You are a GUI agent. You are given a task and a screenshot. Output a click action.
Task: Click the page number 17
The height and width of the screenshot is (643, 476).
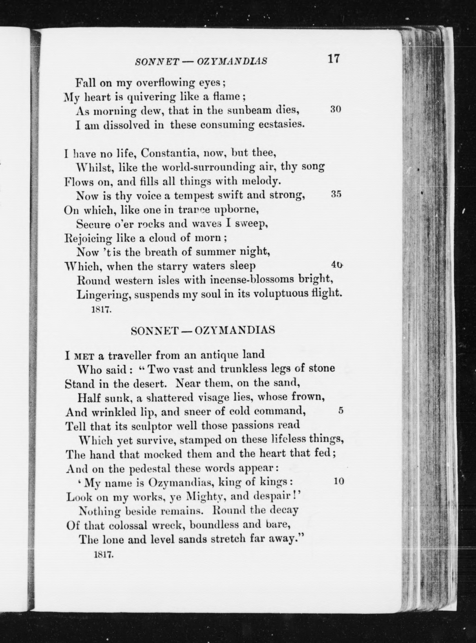click(x=334, y=59)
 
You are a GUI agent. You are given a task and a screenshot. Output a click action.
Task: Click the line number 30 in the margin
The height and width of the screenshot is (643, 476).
click(x=335, y=110)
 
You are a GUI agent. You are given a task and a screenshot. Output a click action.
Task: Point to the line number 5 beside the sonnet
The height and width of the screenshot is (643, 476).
click(x=341, y=411)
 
